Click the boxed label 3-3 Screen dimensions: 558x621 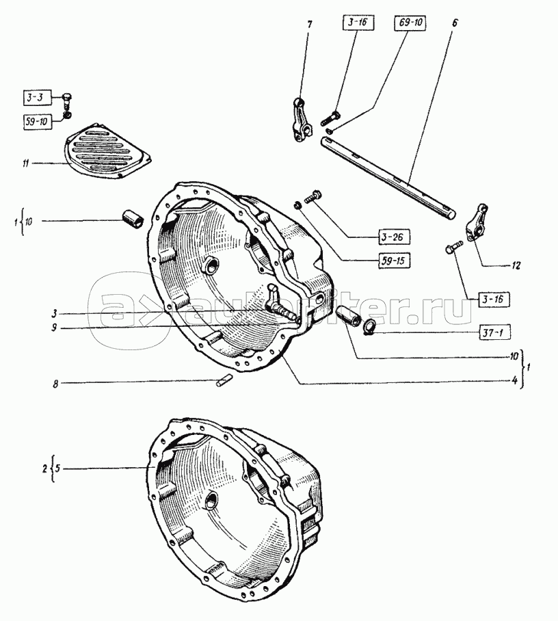tap(36, 98)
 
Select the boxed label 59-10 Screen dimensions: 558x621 tap(37, 121)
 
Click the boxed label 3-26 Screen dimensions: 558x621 tap(393, 237)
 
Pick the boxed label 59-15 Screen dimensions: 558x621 tap(394, 261)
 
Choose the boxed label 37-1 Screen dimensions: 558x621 tap(493, 332)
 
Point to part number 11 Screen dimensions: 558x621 tap(26, 163)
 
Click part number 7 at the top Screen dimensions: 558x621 tap(310, 25)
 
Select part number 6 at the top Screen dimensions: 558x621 tap(454, 23)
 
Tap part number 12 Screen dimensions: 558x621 tap(516, 266)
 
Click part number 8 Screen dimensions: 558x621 tap(56, 384)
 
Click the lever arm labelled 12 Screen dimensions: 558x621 tap(476, 222)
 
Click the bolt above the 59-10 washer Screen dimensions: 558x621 tap(67, 101)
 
